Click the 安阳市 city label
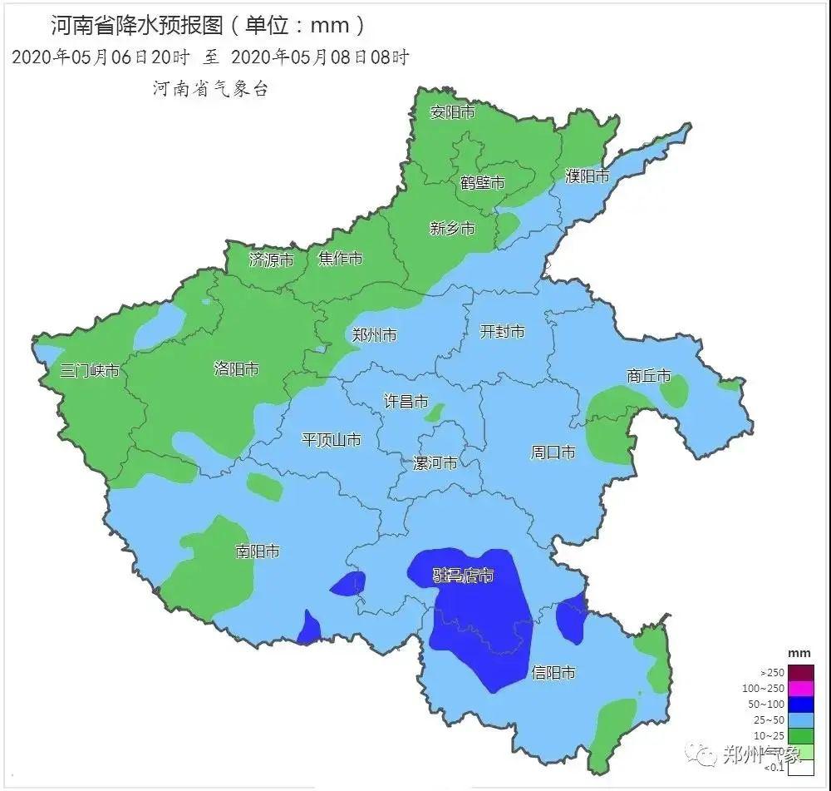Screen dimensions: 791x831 (x=452, y=112)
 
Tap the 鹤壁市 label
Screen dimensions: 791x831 (x=483, y=183)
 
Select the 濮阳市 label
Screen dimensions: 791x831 (x=588, y=176)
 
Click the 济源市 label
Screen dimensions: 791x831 (x=272, y=260)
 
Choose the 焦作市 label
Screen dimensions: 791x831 (x=341, y=259)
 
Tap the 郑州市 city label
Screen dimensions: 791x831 (x=374, y=335)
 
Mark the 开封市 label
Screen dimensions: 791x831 (x=503, y=332)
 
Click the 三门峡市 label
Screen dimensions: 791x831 (x=90, y=371)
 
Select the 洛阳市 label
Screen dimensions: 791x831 (x=237, y=368)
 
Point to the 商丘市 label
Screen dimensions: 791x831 (x=649, y=376)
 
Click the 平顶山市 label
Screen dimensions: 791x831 (x=332, y=440)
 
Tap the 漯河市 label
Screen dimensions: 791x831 (x=435, y=463)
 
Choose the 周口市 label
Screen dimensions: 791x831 (x=553, y=452)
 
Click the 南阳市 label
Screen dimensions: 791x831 (x=258, y=551)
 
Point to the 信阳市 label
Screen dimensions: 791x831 (x=553, y=673)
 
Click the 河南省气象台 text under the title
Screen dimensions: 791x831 (x=211, y=89)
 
